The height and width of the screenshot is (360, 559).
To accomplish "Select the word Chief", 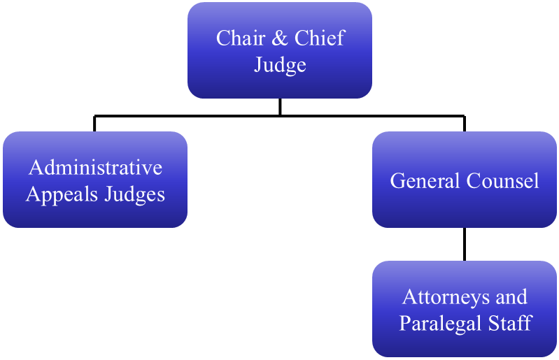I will click(318, 38).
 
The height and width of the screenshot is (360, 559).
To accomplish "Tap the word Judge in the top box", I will click(280, 65).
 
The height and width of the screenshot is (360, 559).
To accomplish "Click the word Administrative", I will click(95, 168).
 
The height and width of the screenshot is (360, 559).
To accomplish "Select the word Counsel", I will click(499, 181).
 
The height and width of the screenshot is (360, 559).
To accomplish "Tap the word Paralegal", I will click(441, 323).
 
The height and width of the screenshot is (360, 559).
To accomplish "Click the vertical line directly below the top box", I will click(280, 106).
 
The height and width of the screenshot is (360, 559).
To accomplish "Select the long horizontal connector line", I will click(189, 115).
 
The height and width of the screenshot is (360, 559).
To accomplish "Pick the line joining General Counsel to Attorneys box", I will click(465, 244).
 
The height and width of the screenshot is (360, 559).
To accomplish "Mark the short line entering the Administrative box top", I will click(95, 124).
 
